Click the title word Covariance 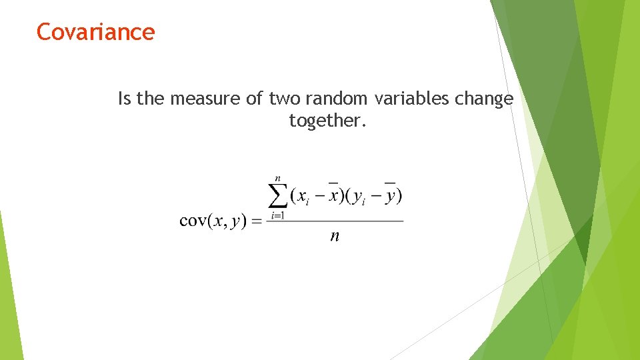pyautogui.click(x=95, y=31)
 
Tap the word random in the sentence pyautogui.click(x=335, y=99)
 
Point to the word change pyautogui.click(x=484, y=99)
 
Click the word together pyautogui.click(x=327, y=121)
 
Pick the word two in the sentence pyautogui.click(x=283, y=99)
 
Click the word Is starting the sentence pyautogui.click(x=125, y=99)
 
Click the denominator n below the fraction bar pyautogui.click(x=335, y=237)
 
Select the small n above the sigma pyautogui.click(x=277, y=178)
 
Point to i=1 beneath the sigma pyautogui.click(x=277, y=216)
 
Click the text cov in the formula pyautogui.click(x=194, y=221)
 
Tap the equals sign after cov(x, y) pyautogui.click(x=256, y=221)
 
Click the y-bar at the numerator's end pyautogui.click(x=390, y=195)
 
